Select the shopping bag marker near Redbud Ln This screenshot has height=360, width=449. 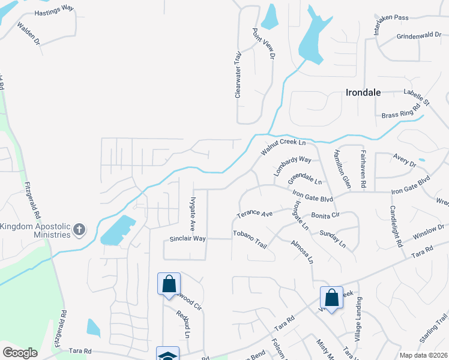(x=169, y=284)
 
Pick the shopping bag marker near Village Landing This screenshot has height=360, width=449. (x=331, y=297)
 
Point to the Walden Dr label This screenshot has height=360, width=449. (x=28, y=34)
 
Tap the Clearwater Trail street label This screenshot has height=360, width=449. (x=238, y=74)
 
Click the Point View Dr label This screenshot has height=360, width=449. (x=263, y=44)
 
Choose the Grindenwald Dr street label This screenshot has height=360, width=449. (x=419, y=36)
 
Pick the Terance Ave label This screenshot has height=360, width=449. (x=255, y=214)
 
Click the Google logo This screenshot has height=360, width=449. (x=20, y=353)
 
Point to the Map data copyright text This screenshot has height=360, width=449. (x=423, y=355)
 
